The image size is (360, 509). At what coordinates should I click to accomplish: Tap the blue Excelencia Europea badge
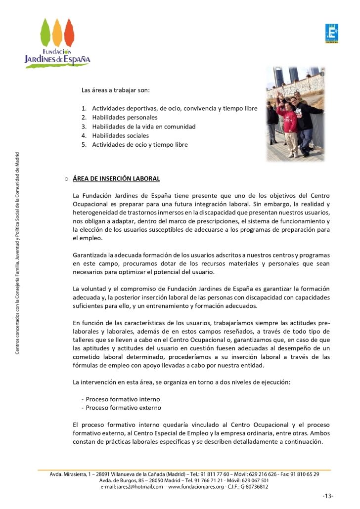(x=331, y=34)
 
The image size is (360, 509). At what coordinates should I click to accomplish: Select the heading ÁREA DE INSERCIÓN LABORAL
(x=116, y=178)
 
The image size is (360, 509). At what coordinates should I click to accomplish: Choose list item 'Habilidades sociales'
(x=120, y=135)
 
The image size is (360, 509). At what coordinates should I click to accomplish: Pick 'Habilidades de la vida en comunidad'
(x=143, y=127)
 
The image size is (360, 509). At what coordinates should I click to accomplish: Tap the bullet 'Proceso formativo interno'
(x=123, y=399)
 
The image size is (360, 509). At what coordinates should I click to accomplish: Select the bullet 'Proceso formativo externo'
(x=123, y=408)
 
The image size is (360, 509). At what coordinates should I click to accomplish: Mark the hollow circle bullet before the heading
(x=66, y=179)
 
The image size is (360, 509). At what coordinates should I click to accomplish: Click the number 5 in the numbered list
(x=84, y=144)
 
